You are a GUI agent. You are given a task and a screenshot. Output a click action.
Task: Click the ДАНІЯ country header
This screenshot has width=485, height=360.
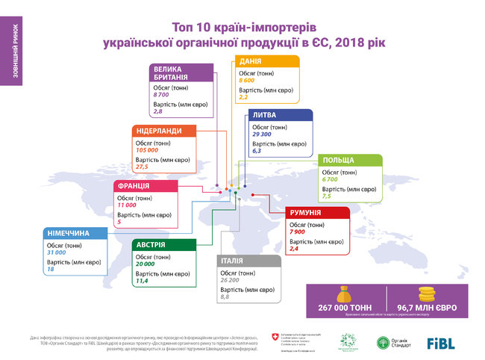[250, 62]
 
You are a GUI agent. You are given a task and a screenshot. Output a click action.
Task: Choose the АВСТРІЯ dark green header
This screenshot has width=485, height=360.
[151, 245]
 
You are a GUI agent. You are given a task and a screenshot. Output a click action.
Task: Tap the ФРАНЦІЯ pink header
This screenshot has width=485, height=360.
[134, 185]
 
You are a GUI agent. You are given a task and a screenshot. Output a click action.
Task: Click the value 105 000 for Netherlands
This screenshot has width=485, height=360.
[148, 150]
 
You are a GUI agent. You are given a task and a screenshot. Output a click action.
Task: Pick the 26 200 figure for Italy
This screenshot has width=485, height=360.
[231, 279]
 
